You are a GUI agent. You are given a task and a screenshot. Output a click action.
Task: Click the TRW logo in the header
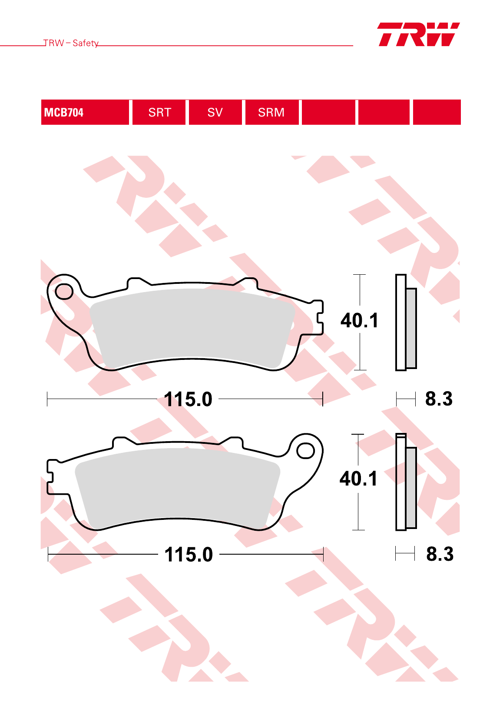tap(418, 34)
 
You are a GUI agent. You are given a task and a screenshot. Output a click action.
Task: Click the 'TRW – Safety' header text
tap(71, 43)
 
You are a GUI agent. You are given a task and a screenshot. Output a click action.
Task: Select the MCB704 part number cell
tap(85, 112)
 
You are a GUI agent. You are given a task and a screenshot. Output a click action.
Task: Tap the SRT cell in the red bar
tap(159, 112)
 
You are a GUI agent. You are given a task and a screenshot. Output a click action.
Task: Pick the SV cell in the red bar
tap(215, 112)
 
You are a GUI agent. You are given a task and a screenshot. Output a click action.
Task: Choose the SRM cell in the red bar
tap(272, 112)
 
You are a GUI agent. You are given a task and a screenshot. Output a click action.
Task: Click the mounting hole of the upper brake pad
tap(64, 291)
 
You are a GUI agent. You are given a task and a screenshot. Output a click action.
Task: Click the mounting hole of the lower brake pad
tap(305, 451)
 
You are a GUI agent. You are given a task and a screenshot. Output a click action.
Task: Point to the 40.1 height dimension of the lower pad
tap(358, 479)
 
